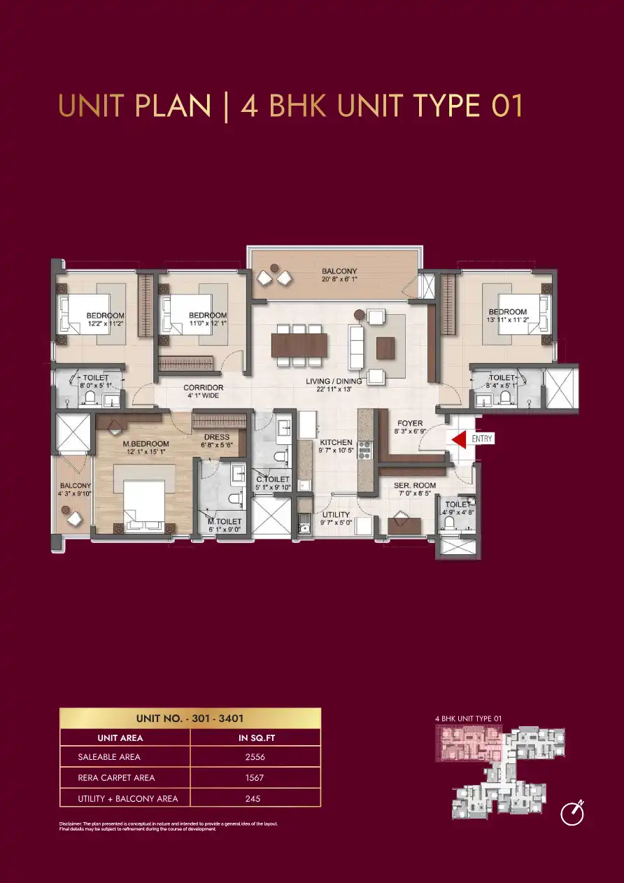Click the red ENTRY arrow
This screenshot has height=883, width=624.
click(x=458, y=439)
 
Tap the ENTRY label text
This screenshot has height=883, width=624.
click(x=482, y=439)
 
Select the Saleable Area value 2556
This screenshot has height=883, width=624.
click(x=255, y=756)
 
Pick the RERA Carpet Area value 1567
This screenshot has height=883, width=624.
click(x=255, y=777)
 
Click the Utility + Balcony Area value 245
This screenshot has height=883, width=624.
click(x=255, y=798)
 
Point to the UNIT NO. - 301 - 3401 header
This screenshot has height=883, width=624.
click(x=190, y=718)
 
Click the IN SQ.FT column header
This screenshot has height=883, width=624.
click(x=255, y=737)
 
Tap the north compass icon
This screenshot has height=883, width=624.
click(x=573, y=814)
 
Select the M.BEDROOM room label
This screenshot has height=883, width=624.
click(x=146, y=444)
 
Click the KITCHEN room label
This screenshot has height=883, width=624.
click(x=336, y=443)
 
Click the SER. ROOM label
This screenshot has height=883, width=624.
click(x=414, y=485)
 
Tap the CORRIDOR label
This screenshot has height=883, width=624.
click(x=203, y=387)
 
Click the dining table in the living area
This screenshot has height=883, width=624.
click(x=299, y=345)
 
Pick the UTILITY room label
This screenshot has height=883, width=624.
click(x=336, y=514)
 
